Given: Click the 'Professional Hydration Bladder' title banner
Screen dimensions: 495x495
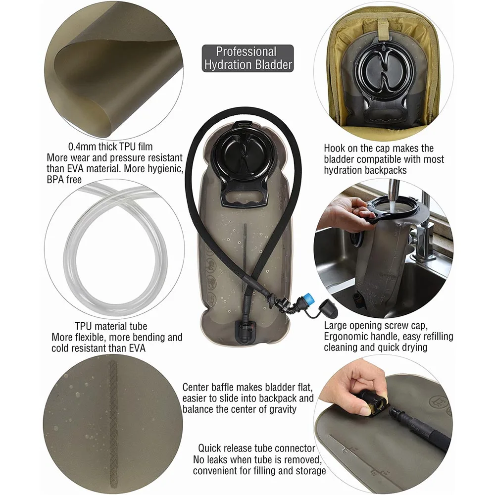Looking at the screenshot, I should [247, 58].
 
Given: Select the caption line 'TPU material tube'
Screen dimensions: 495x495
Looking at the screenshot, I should [111, 326].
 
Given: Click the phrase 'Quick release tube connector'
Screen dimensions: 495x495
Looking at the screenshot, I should [256, 448].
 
